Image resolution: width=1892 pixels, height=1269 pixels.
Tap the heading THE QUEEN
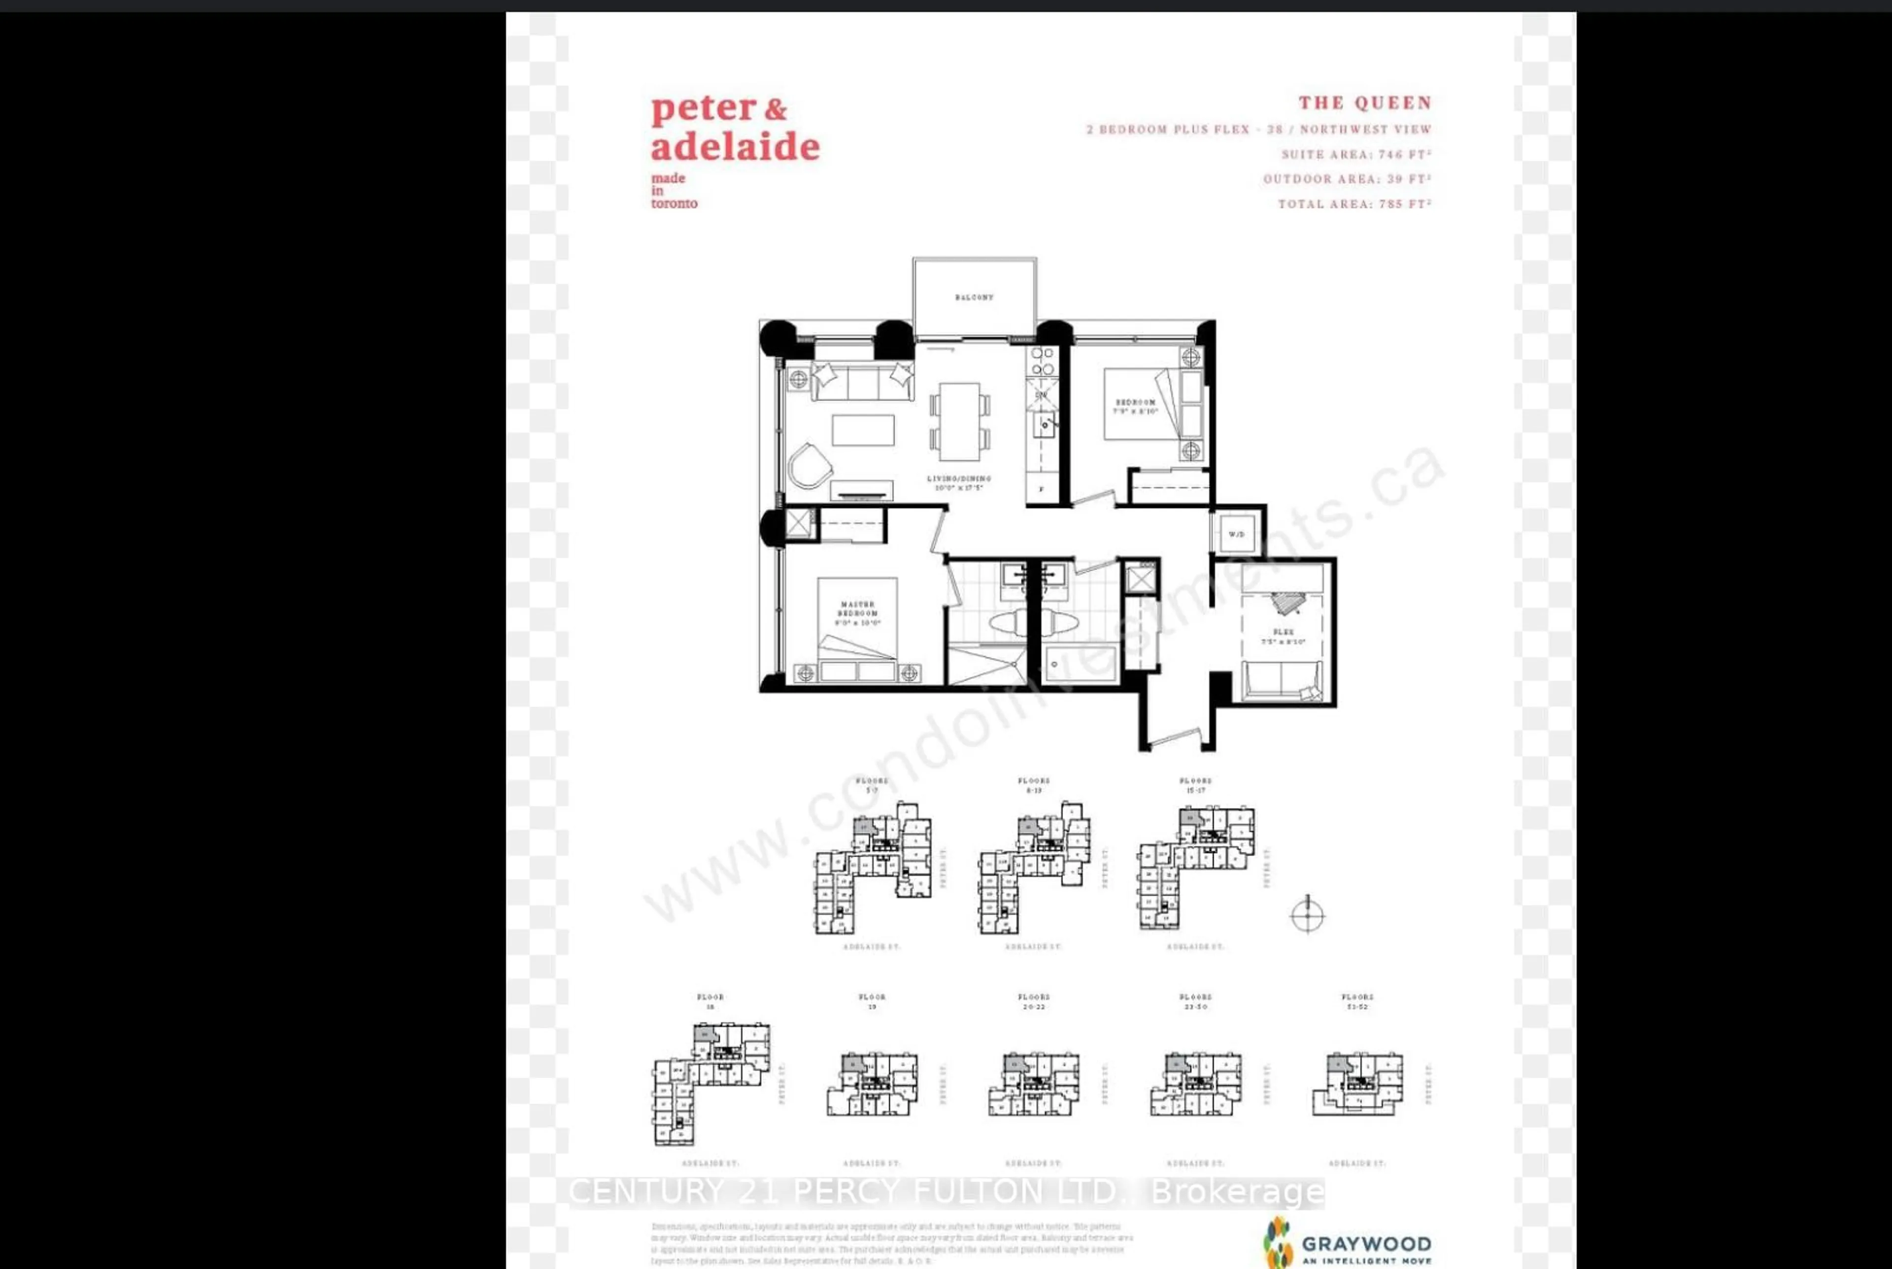1365,103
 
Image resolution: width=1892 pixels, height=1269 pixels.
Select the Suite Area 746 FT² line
1356,154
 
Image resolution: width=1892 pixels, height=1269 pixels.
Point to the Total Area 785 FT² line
1354,204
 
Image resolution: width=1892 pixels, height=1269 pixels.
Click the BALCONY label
974,297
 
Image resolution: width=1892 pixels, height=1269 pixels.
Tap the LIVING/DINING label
959,482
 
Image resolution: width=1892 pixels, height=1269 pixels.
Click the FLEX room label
1283,636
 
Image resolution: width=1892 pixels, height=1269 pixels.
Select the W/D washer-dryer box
1237,534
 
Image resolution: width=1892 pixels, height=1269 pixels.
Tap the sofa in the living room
863,382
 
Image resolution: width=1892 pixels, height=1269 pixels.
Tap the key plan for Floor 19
873,1084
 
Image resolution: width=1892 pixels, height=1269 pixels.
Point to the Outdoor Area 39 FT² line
1348,179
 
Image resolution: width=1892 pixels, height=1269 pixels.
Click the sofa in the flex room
1283,680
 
